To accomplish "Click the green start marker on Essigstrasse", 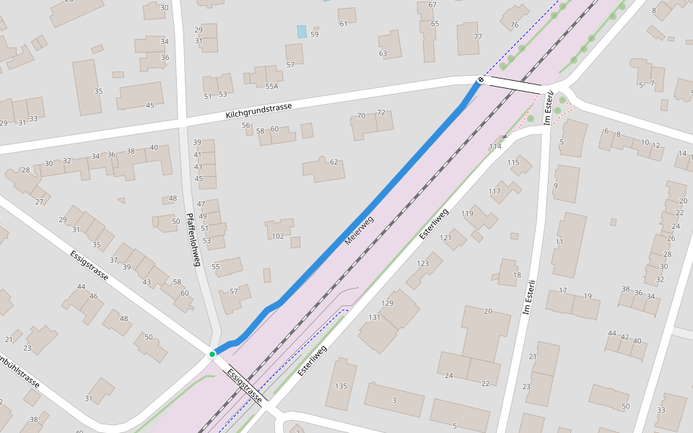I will pyautogui.click(x=212, y=354).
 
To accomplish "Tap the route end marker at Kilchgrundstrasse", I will pyautogui.click(x=481, y=79).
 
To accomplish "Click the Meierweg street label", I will pyautogui.click(x=359, y=230).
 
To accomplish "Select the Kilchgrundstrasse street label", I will pyautogui.click(x=258, y=110).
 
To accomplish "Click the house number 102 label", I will pyautogui.click(x=278, y=236).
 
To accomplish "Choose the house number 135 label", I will pyautogui.click(x=341, y=386).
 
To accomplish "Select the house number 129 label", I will pyautogui.click(x=388, y=303).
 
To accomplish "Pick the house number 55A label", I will pyautogui.click(x=271, y=86).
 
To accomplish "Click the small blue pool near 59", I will pyautogui.click(x=301, y=32).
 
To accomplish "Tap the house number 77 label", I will pyautogui.click(x=477, y=36).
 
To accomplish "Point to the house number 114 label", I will pyautogui.click(x=494, y=147).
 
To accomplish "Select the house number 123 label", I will pyautogui.click(x=423, y=264).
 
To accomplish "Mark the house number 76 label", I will pyautogui.click(x=514, y=25).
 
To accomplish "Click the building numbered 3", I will pyautogui.click(x=394, y=400).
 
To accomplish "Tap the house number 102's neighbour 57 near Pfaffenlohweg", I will pyautogui.click(x=234, y=292).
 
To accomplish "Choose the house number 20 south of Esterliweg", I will pyautogui.click(x=487, y=311).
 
